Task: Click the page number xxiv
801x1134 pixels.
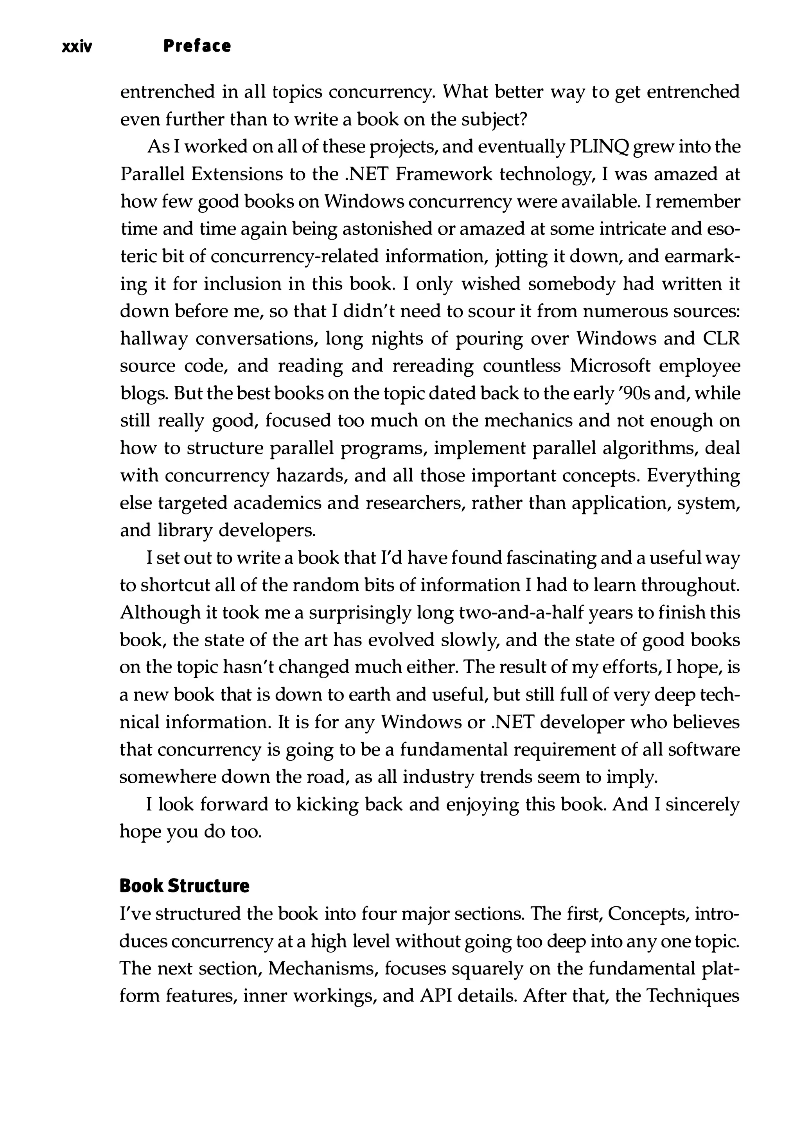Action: [x=77, y=47]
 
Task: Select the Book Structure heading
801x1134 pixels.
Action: [x=184, y=886]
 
